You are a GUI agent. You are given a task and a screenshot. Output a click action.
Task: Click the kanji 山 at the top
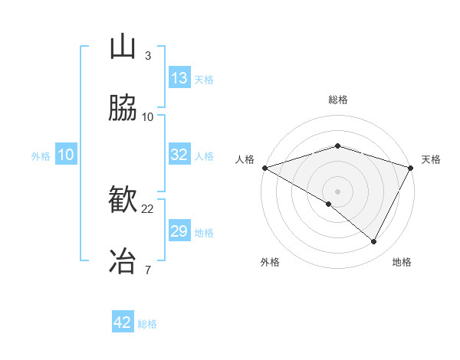pyautogui.click(x=123, y=47)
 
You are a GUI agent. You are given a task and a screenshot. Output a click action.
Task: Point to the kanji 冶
pyautogui.click(x=123, y=260)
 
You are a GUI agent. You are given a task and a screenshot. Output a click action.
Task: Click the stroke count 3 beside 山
pyautogui.click(x=147, y=56)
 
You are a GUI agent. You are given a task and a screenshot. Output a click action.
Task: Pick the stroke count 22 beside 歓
pyautogui.click(x=148, y=208)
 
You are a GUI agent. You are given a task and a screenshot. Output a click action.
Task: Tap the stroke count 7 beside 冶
pyautogui.click(x=147, y=269)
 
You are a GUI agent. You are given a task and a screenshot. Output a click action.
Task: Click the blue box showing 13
pyautogui.click(x=179, y=78)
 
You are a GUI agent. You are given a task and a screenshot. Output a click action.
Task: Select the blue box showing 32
pyautogui.click(x=179, y=155)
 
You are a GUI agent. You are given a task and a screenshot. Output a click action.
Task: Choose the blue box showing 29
pyautogui.click(x=179, y=231)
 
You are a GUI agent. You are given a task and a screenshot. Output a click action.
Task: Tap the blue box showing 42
pyautogui.click(x=123, y=322)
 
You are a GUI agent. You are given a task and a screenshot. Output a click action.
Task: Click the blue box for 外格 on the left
pyautogui.click(x=66, y=155)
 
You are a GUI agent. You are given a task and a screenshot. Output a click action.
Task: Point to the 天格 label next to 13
pyautogui.click(x=204, y=79)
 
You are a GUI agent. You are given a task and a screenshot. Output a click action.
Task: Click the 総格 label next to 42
pyautogui.click(x=147, y=324)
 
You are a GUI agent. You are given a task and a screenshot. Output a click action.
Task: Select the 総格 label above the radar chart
pyautogui.click(x=337, y=100)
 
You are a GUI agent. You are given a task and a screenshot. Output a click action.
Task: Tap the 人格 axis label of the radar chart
pyautogui.click(x=245, y=159)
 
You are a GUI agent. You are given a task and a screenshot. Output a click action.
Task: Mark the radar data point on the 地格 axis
pyautogui.click(x=374, y=242)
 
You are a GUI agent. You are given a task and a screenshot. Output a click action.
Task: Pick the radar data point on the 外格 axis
pyautogui.click(x=329, y=204)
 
